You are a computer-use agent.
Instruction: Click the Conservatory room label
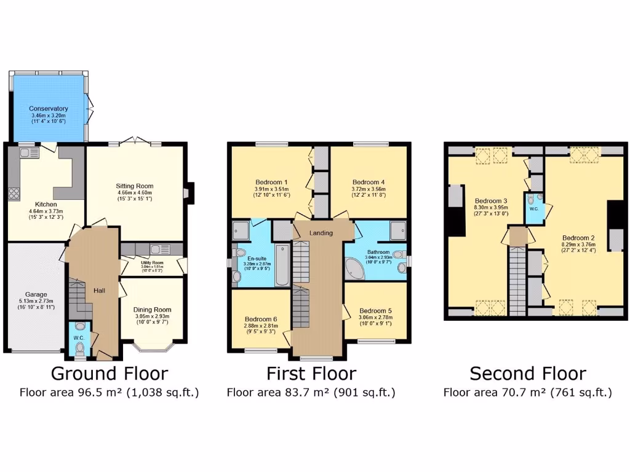click(48, 109)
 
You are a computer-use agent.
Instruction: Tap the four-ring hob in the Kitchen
click(13, 193)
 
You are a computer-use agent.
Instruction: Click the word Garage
click(36, 294)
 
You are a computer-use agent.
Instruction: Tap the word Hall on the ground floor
click(100, 290)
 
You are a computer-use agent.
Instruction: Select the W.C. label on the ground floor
click(78, 337)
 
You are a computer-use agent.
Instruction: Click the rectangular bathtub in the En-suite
click(282, 265)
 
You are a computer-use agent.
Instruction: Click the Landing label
click(321, 233)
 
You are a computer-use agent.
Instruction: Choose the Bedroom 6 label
click(260, 319)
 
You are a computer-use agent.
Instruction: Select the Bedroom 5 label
click(375, 310)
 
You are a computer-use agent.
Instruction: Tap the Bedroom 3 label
click(490, 201)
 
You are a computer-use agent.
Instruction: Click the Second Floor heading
click(527, 374)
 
